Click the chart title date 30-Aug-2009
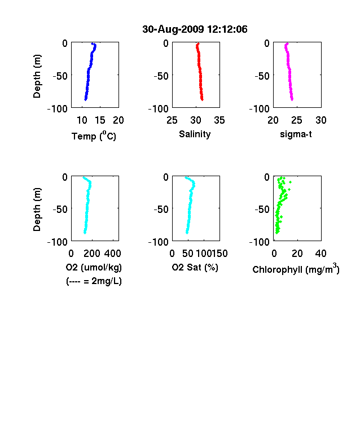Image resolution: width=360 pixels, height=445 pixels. pos(173,29)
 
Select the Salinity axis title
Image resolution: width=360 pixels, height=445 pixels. pos(195,134)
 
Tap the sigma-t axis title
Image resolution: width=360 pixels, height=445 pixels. pos(296,134)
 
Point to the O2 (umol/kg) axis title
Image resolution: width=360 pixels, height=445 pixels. pos(94,267)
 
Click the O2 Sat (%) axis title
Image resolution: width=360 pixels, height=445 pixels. pos(195,267)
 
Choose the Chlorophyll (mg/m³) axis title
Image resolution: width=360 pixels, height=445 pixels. pos(296,269)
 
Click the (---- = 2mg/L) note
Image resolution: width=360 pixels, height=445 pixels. pos(94,281)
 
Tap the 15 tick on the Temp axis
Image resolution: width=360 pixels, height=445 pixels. pos(100,120)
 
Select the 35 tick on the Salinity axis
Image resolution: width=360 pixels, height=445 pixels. pos(219,120)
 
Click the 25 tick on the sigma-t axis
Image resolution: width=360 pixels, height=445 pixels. pos(296,120)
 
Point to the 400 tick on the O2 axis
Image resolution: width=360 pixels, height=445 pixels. pos(112,254)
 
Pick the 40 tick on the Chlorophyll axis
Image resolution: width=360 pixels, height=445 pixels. pos(321,254)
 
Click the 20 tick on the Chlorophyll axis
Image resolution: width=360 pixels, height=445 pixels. pos(297,254)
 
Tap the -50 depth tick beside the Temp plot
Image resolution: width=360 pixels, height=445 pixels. pos(60,76)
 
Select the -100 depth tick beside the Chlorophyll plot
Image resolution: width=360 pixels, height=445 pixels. pos(259,242)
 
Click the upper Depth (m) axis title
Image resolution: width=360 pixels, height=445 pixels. pos(37,76)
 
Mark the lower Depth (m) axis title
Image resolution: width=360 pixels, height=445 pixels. pos(37,210)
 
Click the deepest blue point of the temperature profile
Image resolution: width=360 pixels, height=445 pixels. pos(85,99)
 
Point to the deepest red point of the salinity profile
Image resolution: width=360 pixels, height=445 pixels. pos(202,99)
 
